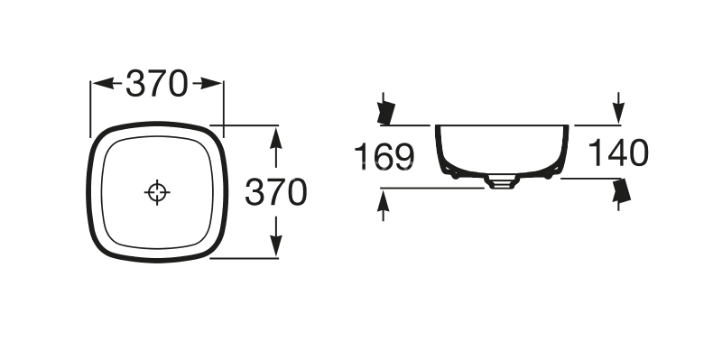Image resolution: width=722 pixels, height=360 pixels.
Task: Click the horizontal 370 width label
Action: [x=156, y=84]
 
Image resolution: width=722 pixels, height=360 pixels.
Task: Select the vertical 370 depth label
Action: [x=277, y=191]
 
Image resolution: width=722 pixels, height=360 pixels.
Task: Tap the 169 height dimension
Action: [x=383, y=156]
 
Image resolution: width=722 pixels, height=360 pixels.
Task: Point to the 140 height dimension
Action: [x=618, y=154]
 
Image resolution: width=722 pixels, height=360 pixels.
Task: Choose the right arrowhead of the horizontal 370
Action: [x=213, y=84]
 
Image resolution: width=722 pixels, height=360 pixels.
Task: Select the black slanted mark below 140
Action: [x=620, y=190]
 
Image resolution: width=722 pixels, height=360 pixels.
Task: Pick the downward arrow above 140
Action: [x=618, y=106]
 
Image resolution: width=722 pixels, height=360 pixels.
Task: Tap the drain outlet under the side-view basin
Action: [x=500, y=181]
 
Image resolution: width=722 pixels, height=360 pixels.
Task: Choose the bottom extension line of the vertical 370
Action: [x=244, y=258]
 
